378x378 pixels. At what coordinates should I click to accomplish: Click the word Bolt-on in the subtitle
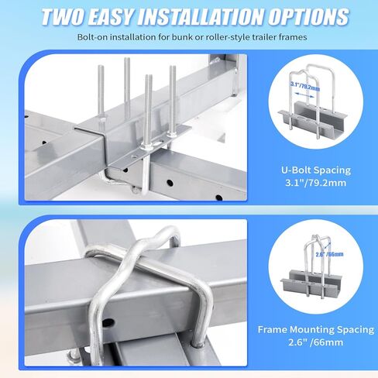[93, 36]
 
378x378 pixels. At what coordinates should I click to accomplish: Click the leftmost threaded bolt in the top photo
[100, 94]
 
